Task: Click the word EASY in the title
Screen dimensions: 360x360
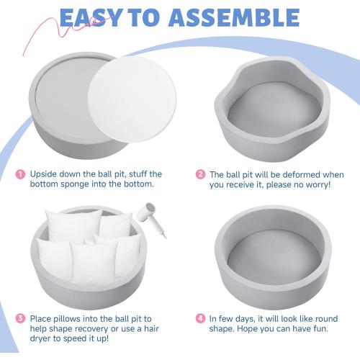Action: [x=91, y=18]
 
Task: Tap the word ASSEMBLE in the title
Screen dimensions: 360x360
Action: [x=234, y=18]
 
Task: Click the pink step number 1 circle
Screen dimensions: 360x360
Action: [x=20, y=174]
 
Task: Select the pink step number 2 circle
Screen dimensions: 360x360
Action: [x=200, y=174]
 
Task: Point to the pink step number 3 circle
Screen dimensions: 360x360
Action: [x=20, y=318]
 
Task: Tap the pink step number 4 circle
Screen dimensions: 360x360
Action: [x=200, y=318]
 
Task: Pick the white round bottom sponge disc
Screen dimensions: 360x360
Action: [x=132, y=99]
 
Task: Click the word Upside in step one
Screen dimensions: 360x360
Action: [x=43, y=174]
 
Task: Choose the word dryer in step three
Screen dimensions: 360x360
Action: [x=40, y=338]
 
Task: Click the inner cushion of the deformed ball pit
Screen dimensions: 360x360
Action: [x=274, y=109]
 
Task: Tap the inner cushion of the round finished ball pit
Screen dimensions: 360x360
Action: [x=274, y=257]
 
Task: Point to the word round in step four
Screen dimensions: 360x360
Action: [x=326, y=319]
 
